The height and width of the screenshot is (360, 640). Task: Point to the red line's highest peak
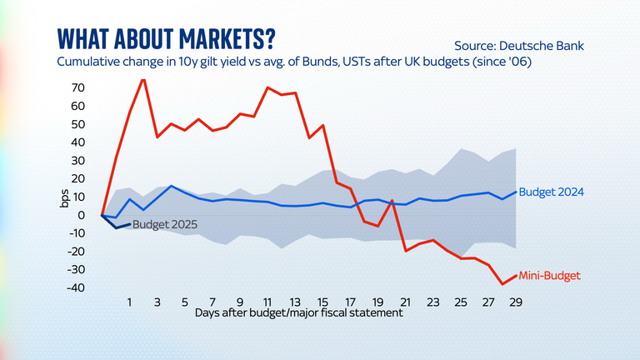tap(143, 79)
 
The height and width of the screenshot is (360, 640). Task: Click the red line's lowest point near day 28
tap(502, 284)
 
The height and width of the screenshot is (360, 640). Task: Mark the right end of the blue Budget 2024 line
tap(516, 192)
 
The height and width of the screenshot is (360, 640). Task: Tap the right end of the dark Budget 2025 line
tap(130, 223)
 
